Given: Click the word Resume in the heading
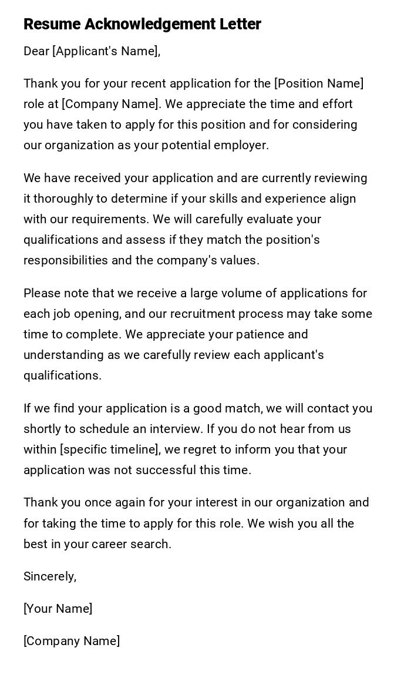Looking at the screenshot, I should pyautogui.click(x=52, y=25).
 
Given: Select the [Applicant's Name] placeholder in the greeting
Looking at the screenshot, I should pyautogui.click(x=105, y=52).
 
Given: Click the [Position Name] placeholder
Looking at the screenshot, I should pyautogui.click(x=319, y=84).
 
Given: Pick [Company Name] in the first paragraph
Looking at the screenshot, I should pyautogui.click(x=110, y=105).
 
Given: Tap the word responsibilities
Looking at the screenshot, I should pyautogui.click(x=65, y=260).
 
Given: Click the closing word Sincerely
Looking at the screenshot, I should pyautogui.click(x=50, y=577).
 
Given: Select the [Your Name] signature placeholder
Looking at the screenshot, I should pyautogui.click(x=58, y=609).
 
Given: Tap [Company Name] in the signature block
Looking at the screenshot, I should pyautogui.click(x=72, y=641).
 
